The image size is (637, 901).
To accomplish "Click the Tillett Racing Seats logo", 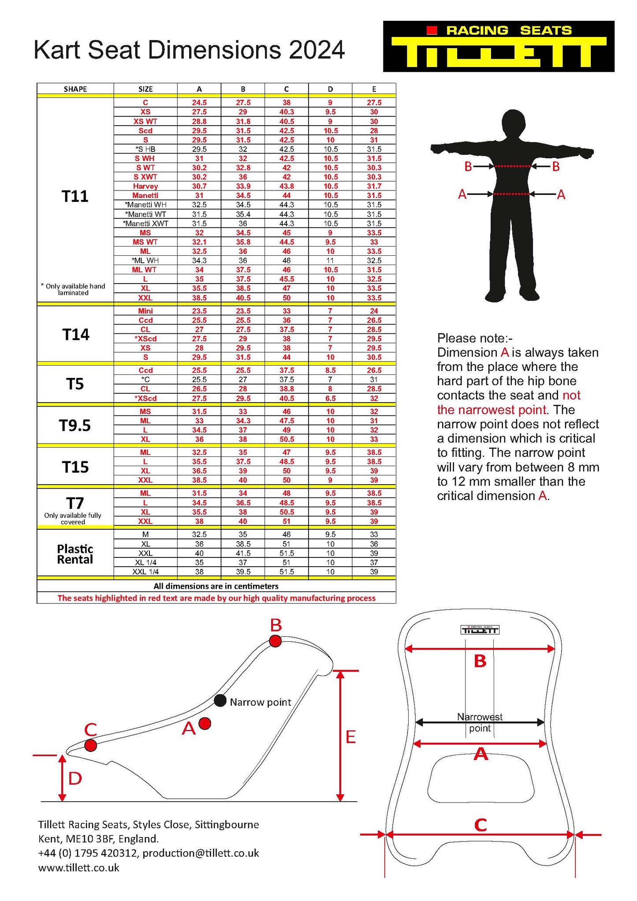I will pyautogui.click(x=499, y=46).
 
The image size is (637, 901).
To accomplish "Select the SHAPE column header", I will pyautogui.click(x=75, y=89).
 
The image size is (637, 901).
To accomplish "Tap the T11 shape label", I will pyautogui.click(x=75, y=196).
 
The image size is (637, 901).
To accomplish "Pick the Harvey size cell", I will pyautogui.click(x=145, y=186).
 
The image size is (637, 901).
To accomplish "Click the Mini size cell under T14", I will pyautogui.click(x=145, y=311).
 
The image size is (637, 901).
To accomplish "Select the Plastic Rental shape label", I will pyautogui.click(x=75, y=554).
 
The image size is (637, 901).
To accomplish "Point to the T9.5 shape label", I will pyautogui.click(x=75, y=426).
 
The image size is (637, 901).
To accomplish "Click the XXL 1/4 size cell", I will pyautogui.click(x=145, y=572).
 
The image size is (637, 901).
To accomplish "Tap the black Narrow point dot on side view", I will pyautogui.click(x=220, y=700).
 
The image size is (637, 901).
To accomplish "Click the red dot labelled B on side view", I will pyautogui.click(x=275, y=641).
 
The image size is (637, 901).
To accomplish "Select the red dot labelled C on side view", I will pyautogui.click(x=90, y=745).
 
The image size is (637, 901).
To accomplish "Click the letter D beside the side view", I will pyautogui.click(x=75, y=779).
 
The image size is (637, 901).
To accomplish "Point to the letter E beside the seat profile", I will pyautogui.click(x=350, y=737).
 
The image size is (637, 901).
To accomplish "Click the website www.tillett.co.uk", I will pyautogui.click(x=79, y=868).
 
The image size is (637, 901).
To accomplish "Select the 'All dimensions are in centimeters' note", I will pyautogui.click(x=216, y=586).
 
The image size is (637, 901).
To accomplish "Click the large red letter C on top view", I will pyautogui.click(x=481, y=825).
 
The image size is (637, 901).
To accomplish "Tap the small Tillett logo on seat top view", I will pyautogui.click(x=480, y=630).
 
